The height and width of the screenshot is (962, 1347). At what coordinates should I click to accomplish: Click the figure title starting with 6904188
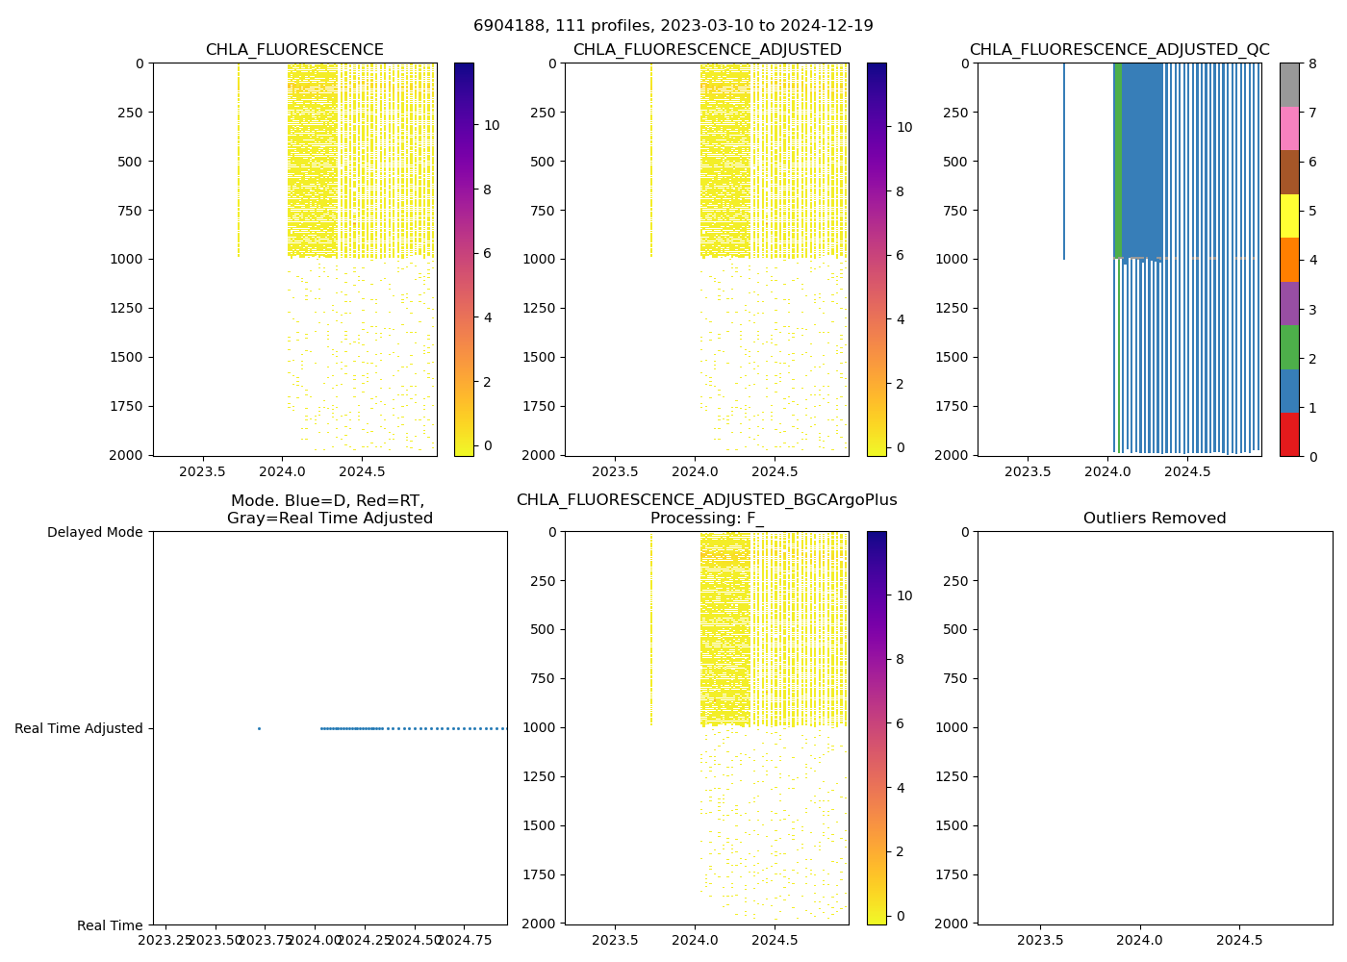click(673, 26)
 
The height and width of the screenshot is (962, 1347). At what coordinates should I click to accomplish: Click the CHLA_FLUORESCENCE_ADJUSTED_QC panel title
click(1119, 50)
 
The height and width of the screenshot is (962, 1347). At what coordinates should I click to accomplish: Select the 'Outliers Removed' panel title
click(1155, 519)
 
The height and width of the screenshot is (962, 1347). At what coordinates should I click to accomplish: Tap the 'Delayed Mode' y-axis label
click(94, 532)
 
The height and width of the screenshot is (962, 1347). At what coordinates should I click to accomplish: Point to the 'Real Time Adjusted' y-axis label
click(79, 728)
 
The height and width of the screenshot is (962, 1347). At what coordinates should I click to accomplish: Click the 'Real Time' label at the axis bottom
click(110, 925)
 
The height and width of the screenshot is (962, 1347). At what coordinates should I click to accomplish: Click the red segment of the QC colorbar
click(1289, 434)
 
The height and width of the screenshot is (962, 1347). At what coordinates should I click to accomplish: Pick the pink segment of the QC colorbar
click(1289, 128)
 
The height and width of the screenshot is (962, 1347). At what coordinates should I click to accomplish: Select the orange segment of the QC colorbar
click(1289, 260)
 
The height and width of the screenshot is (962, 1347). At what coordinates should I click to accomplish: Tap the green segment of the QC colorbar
click(1289, 346)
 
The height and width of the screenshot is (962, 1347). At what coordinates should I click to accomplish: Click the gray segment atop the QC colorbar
click(1289, 85)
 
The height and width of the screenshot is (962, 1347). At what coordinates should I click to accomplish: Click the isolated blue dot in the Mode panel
click(259, 728)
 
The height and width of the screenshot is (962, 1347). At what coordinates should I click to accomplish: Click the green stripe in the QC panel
click(1118, 159)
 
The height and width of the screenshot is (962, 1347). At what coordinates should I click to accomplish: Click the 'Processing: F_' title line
click(706, 519)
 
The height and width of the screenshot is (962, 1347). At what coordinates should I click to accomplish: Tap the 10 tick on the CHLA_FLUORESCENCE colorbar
click(492, 125)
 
